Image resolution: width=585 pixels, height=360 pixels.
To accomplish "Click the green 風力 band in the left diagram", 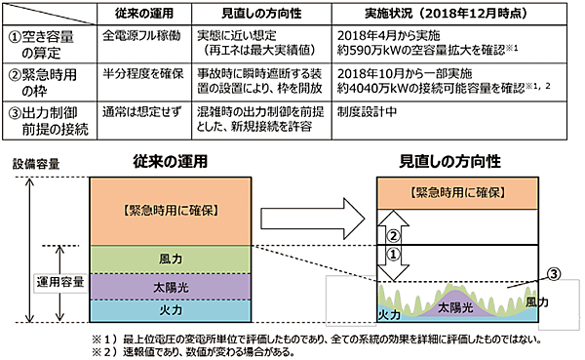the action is [165, 260].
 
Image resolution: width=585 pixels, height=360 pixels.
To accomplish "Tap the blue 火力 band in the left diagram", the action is [165, 311].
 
